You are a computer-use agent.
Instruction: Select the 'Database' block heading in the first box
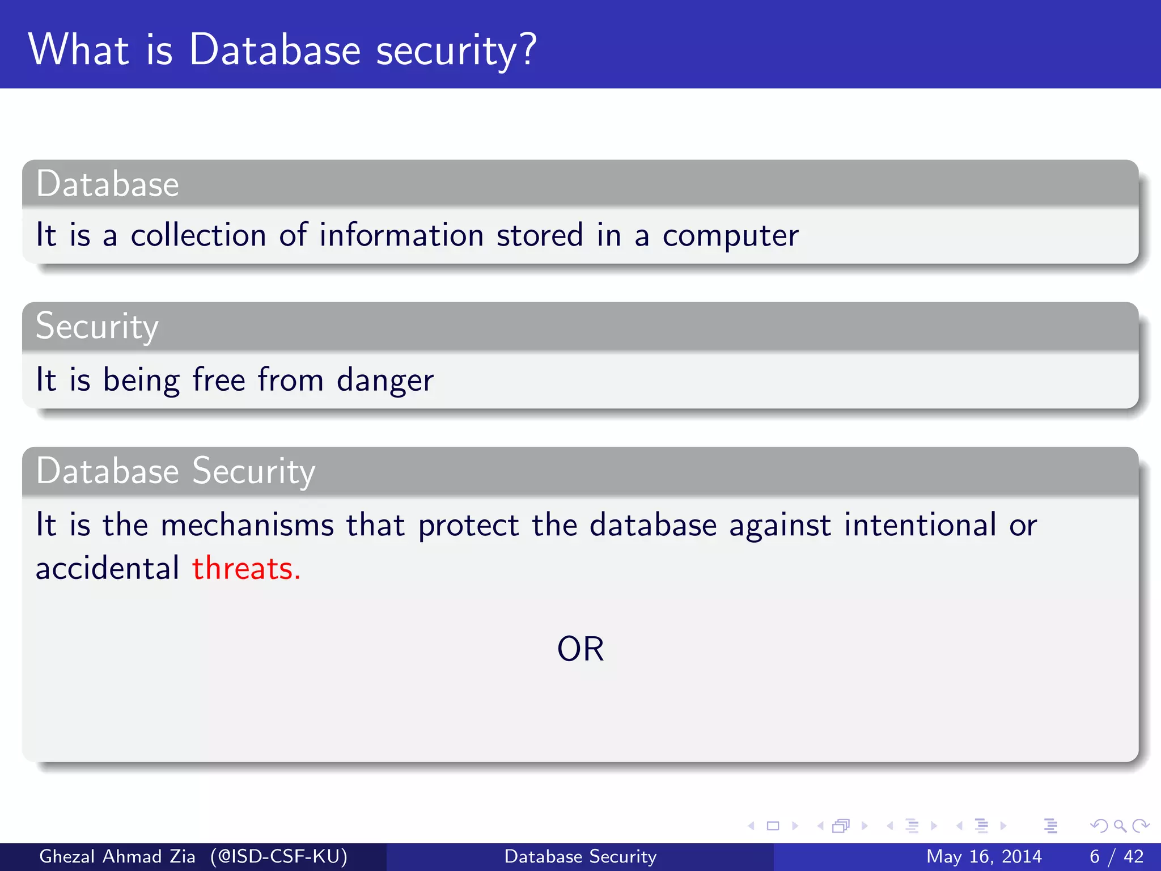[x=108, y=184]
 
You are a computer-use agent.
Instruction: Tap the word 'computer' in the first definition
[x=730, y=236]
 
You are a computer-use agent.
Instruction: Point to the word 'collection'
[x=198, y=235]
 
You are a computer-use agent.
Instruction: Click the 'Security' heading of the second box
[x=97, y=327]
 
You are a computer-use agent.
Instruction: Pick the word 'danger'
[x=385, y=380]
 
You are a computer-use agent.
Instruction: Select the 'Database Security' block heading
[x=176, y=471]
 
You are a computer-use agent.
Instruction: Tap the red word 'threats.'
[x=246, y=568]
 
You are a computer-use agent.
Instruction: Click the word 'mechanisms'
[x=247, y=525]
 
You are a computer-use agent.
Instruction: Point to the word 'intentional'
[x=920, y=525]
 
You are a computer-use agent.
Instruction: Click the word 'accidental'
[x=107, y=568]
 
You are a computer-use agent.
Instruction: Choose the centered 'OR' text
[x=580, y=649]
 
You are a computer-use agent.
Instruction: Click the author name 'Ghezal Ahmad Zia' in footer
[x=117, y=856]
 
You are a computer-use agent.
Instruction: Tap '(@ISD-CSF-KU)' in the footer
[x=279, y=856]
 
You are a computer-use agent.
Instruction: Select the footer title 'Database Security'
[x=580, y=856]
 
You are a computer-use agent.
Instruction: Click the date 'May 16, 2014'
[x=984, y=856]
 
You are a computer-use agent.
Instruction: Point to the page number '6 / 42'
[x=1116, y=856]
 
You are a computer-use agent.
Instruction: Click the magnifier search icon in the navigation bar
[x=1120, y=826]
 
